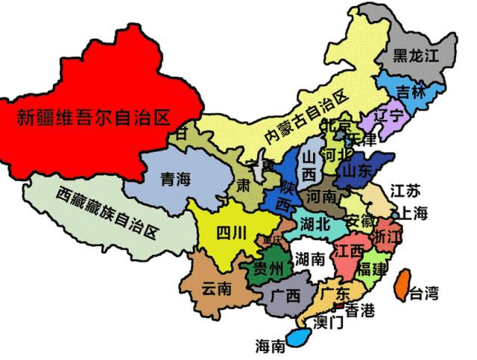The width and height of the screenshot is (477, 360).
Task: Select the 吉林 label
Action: point(411,92)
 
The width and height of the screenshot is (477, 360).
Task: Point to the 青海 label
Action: point(177,178)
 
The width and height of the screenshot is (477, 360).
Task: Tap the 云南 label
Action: point(215,288)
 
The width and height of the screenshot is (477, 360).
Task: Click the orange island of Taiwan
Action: point(401,285)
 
